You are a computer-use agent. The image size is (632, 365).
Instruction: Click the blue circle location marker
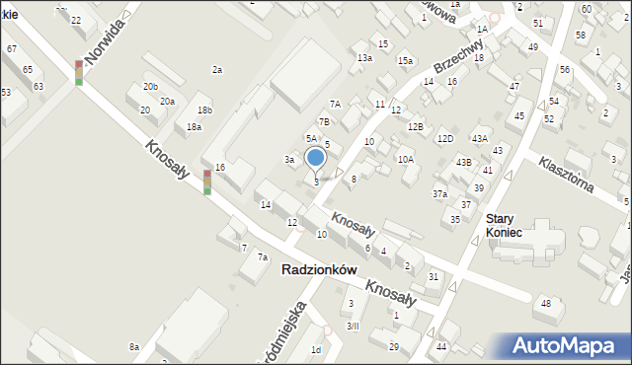coord(315,157)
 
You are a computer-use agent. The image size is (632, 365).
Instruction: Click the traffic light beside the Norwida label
coord(79,72)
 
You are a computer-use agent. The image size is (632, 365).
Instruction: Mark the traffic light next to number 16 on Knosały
coord(207,182)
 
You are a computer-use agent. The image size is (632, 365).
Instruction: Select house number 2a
coord(217,70)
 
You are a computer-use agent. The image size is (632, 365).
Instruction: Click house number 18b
coord(204,109)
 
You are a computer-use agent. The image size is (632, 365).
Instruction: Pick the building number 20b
coord(150,87)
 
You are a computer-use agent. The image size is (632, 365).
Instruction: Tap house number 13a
coord(364,58)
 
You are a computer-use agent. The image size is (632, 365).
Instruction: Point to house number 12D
coord(445,138)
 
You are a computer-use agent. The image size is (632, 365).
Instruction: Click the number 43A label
coord(479,138)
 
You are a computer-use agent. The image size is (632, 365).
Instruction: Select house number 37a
coord(439,194)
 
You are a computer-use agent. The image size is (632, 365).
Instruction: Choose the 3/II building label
coord(353,326)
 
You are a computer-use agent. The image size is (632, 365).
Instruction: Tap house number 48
coord(545,303)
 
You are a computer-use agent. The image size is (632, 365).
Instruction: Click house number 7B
coord(323,121)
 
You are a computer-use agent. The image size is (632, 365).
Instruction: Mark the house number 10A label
coord(405,159)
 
